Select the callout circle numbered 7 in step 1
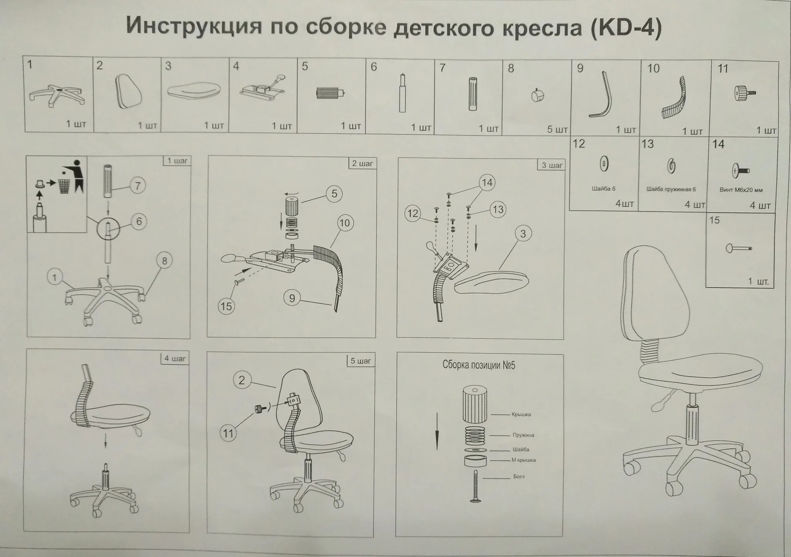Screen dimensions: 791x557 click(138, 186)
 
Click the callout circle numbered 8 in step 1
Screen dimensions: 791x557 click(165, 261)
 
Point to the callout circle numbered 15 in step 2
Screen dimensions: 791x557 click(226, 307)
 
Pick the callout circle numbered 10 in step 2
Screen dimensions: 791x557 click(344, 223)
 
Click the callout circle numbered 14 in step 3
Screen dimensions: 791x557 click(487, 182)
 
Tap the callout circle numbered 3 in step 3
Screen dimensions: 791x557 click(523, 233)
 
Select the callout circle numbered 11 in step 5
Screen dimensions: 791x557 click(228, 433)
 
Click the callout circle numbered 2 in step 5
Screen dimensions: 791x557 click(242, 380)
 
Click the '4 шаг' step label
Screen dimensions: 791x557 click(175, 358)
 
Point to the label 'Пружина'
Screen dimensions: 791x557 click(523, 435)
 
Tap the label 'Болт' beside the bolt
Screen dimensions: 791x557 click(519, 477)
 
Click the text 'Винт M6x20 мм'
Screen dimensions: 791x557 click(741, 190)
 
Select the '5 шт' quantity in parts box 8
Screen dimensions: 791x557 click(557, 129)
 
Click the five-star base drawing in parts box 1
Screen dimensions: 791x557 click(57, 95)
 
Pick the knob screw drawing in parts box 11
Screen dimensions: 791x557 click(744, 94)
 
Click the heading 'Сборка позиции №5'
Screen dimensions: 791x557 click(479, 365)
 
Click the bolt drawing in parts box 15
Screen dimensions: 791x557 click(738, 248)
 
